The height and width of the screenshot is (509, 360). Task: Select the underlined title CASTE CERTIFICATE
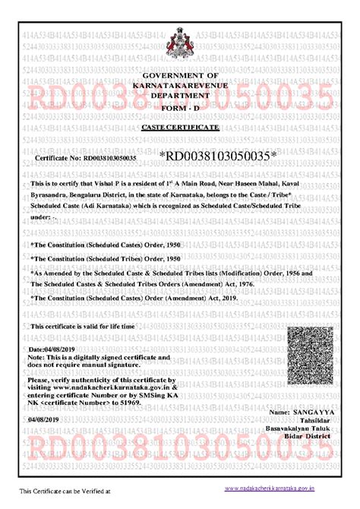[x=180, y=131]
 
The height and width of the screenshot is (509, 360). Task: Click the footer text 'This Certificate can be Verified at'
[x=65, y=492]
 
